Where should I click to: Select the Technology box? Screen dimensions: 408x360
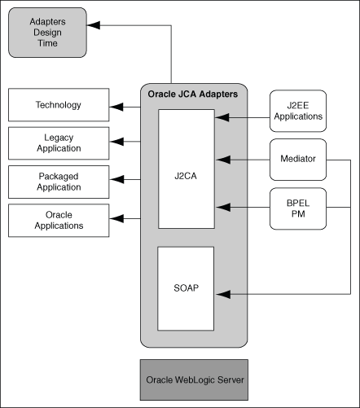pos(58,106)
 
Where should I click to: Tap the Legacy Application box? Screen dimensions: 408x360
pos(58,143)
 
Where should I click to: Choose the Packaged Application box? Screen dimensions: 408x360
pos(58,181)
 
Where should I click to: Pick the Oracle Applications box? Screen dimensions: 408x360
pos(58,220)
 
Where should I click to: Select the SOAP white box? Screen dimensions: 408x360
pos(187,288)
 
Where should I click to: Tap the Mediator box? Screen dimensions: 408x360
pos(298,160)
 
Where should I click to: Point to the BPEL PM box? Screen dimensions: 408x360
pos(298,208)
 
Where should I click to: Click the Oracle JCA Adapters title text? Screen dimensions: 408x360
pos(193,94)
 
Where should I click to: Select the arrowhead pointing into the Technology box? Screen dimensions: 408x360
pos(116,107)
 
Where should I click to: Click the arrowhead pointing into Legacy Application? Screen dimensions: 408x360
pos(116,143)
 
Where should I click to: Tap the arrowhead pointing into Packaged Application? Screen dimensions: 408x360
pos(116,181)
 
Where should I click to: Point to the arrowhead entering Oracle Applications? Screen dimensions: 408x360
pos(116,218)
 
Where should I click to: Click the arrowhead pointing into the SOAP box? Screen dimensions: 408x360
pos(221,292)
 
